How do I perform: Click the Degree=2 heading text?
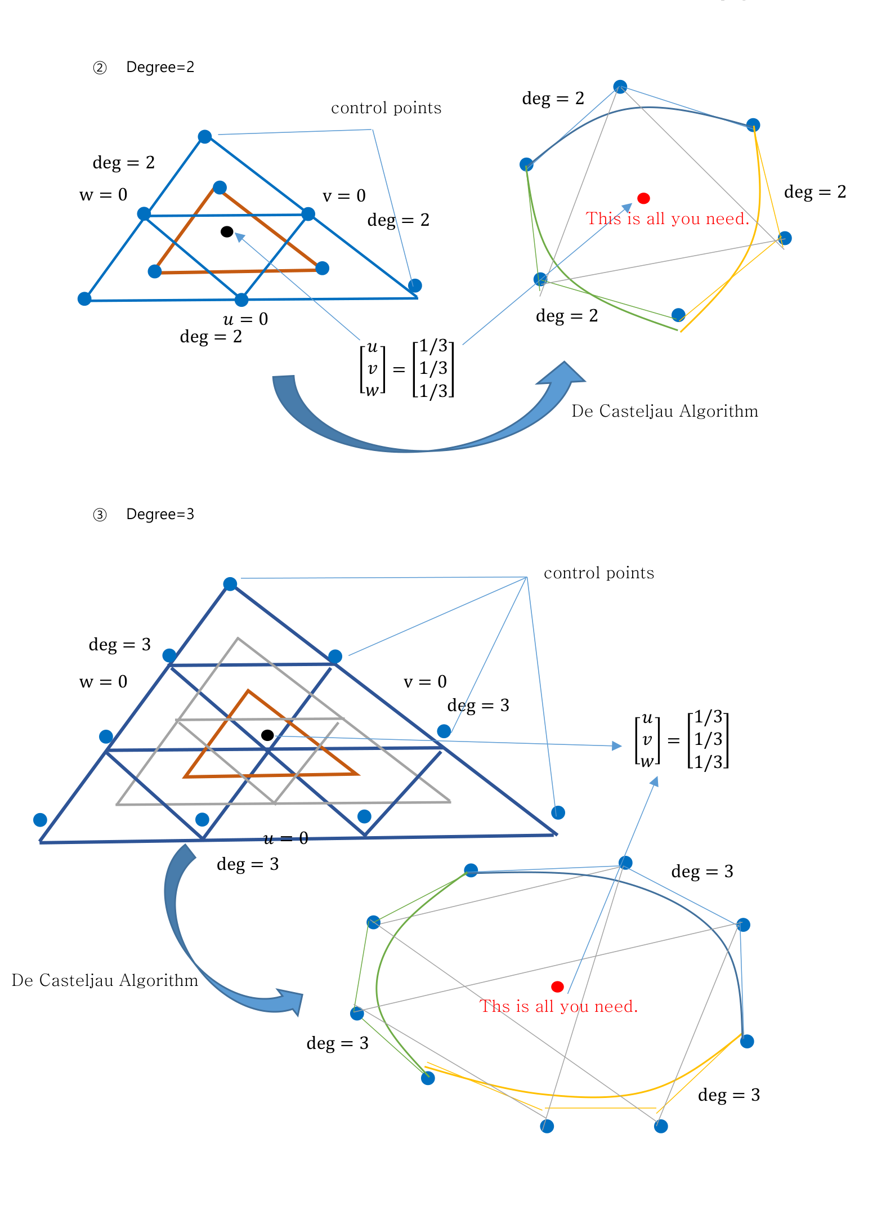(x=160, y=68)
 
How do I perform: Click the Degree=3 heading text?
(x=160, y=515)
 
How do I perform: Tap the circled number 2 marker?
(x=100, y=68)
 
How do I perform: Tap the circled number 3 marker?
(x=100, y=515)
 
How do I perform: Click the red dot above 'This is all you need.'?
(x=644, y=198)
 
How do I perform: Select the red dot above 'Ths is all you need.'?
(x=557, y=986)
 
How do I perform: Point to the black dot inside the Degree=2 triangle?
(x=227, y=231)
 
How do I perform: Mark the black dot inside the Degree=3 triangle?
(x=267, y=735)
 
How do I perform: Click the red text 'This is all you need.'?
(x=668, y=218)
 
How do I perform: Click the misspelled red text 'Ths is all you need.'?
(x=559, y=1006)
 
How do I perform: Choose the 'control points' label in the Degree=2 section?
(x=386, y=108)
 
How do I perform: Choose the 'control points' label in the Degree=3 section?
(x=599, y=573)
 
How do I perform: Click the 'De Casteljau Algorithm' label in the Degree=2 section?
(x=665, y=411)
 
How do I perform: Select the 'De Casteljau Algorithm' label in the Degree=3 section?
(x=105, y=980)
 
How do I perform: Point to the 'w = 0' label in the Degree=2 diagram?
(x=104, y=195)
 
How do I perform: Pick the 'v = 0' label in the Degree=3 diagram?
(x=425, y=682)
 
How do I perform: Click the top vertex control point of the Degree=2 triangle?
(x=205, y=137)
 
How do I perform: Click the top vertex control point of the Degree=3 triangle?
(x=230, y=584)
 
